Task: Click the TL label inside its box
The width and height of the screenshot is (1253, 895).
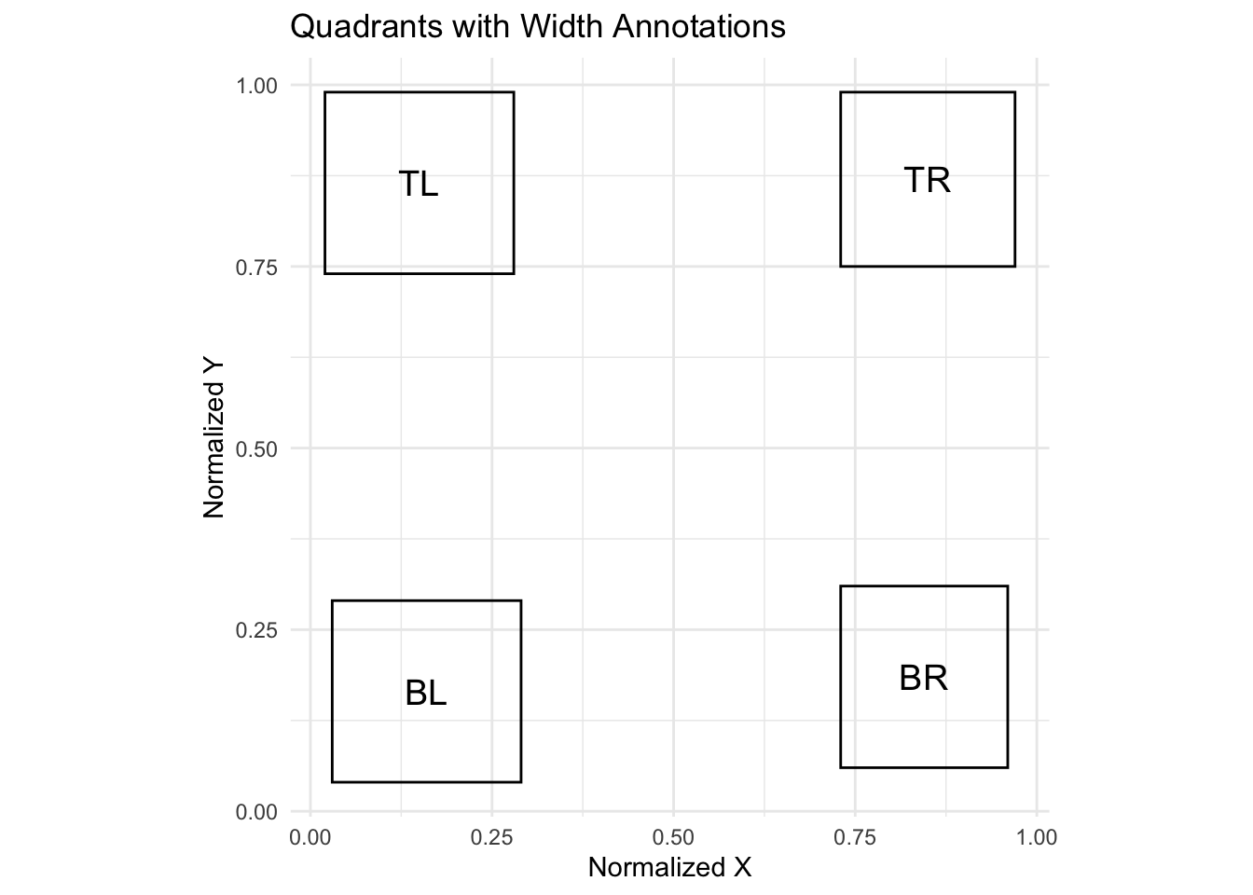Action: tap(419, 185)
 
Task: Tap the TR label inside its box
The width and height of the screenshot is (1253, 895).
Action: tap(928, 180)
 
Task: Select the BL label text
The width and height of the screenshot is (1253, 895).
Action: tap(426, 694)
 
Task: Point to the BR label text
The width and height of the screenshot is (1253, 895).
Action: tap(924, 679)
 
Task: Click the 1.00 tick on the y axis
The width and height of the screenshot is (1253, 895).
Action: tap(257, 86)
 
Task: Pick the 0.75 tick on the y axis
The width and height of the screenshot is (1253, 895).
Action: tap(257, 268)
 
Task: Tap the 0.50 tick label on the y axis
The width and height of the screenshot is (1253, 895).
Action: tap(257, 448)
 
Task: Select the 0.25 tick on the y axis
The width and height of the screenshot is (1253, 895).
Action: tap(257, 630)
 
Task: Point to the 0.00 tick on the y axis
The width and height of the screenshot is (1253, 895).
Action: tap(257, 812)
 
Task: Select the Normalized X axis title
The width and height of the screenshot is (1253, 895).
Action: tap(669, 868)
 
